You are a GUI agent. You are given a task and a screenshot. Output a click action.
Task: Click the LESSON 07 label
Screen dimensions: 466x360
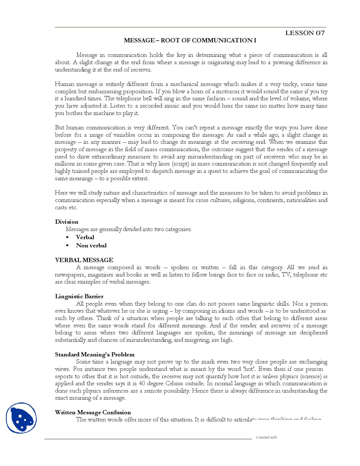(305, 33)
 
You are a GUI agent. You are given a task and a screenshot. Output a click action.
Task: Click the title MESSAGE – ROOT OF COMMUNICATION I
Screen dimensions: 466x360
(190, 40)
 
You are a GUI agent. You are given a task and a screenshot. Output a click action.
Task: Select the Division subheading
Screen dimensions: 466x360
(67, 222)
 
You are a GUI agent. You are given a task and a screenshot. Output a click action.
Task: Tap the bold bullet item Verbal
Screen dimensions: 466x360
(85, 237)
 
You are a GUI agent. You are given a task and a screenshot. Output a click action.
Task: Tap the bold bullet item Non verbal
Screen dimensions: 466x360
(91, 245)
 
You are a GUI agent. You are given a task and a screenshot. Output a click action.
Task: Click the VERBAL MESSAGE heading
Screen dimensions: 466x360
(84, 260)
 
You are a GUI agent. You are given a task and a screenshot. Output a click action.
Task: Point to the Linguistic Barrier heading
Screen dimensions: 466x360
(79, 296)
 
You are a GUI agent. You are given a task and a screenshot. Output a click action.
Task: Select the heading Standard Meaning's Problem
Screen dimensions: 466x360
(94, 354)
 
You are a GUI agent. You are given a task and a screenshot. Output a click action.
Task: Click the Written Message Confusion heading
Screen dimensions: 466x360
(93, 412)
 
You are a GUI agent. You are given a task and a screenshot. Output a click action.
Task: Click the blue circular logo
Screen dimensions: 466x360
(21, 418)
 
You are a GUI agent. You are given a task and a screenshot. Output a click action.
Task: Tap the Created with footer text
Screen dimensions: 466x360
(266, 437)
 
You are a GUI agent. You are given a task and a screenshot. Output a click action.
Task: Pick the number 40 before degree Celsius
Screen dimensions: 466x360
(142, 384)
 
